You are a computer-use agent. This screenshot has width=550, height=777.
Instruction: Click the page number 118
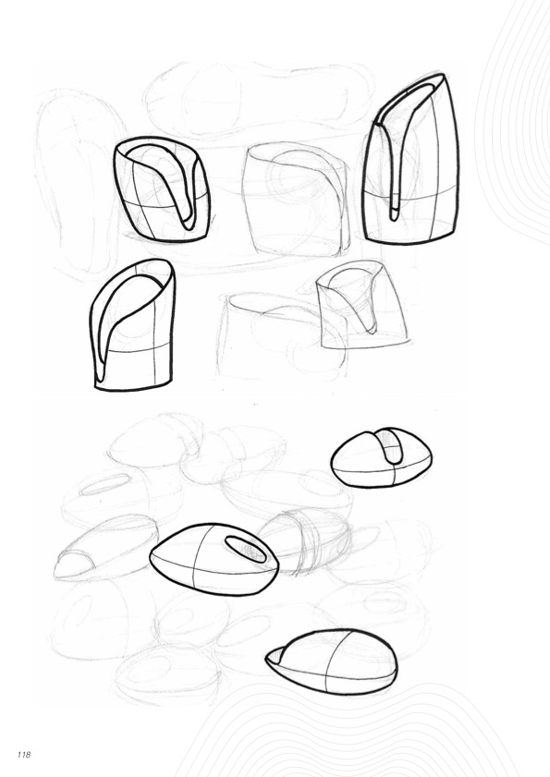point(24,754)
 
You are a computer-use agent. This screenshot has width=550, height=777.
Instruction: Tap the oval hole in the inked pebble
point(246,549)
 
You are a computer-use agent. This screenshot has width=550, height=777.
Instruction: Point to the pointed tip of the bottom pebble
point(268,658)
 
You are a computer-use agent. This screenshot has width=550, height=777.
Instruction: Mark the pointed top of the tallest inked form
point(440,75)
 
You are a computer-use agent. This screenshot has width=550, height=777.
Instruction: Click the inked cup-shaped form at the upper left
point(162,189)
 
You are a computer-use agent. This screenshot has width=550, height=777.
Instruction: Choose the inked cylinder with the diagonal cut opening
point(132,325)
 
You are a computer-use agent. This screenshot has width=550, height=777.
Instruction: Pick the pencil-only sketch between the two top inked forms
point(296,200)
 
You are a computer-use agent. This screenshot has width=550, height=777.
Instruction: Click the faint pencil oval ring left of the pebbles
point(104,485)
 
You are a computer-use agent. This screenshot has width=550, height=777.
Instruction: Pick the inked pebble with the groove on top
point(382,457)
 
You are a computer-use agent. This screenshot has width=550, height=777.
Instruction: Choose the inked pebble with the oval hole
point(214,559)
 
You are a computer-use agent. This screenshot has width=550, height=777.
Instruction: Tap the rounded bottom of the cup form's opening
point(188,225)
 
